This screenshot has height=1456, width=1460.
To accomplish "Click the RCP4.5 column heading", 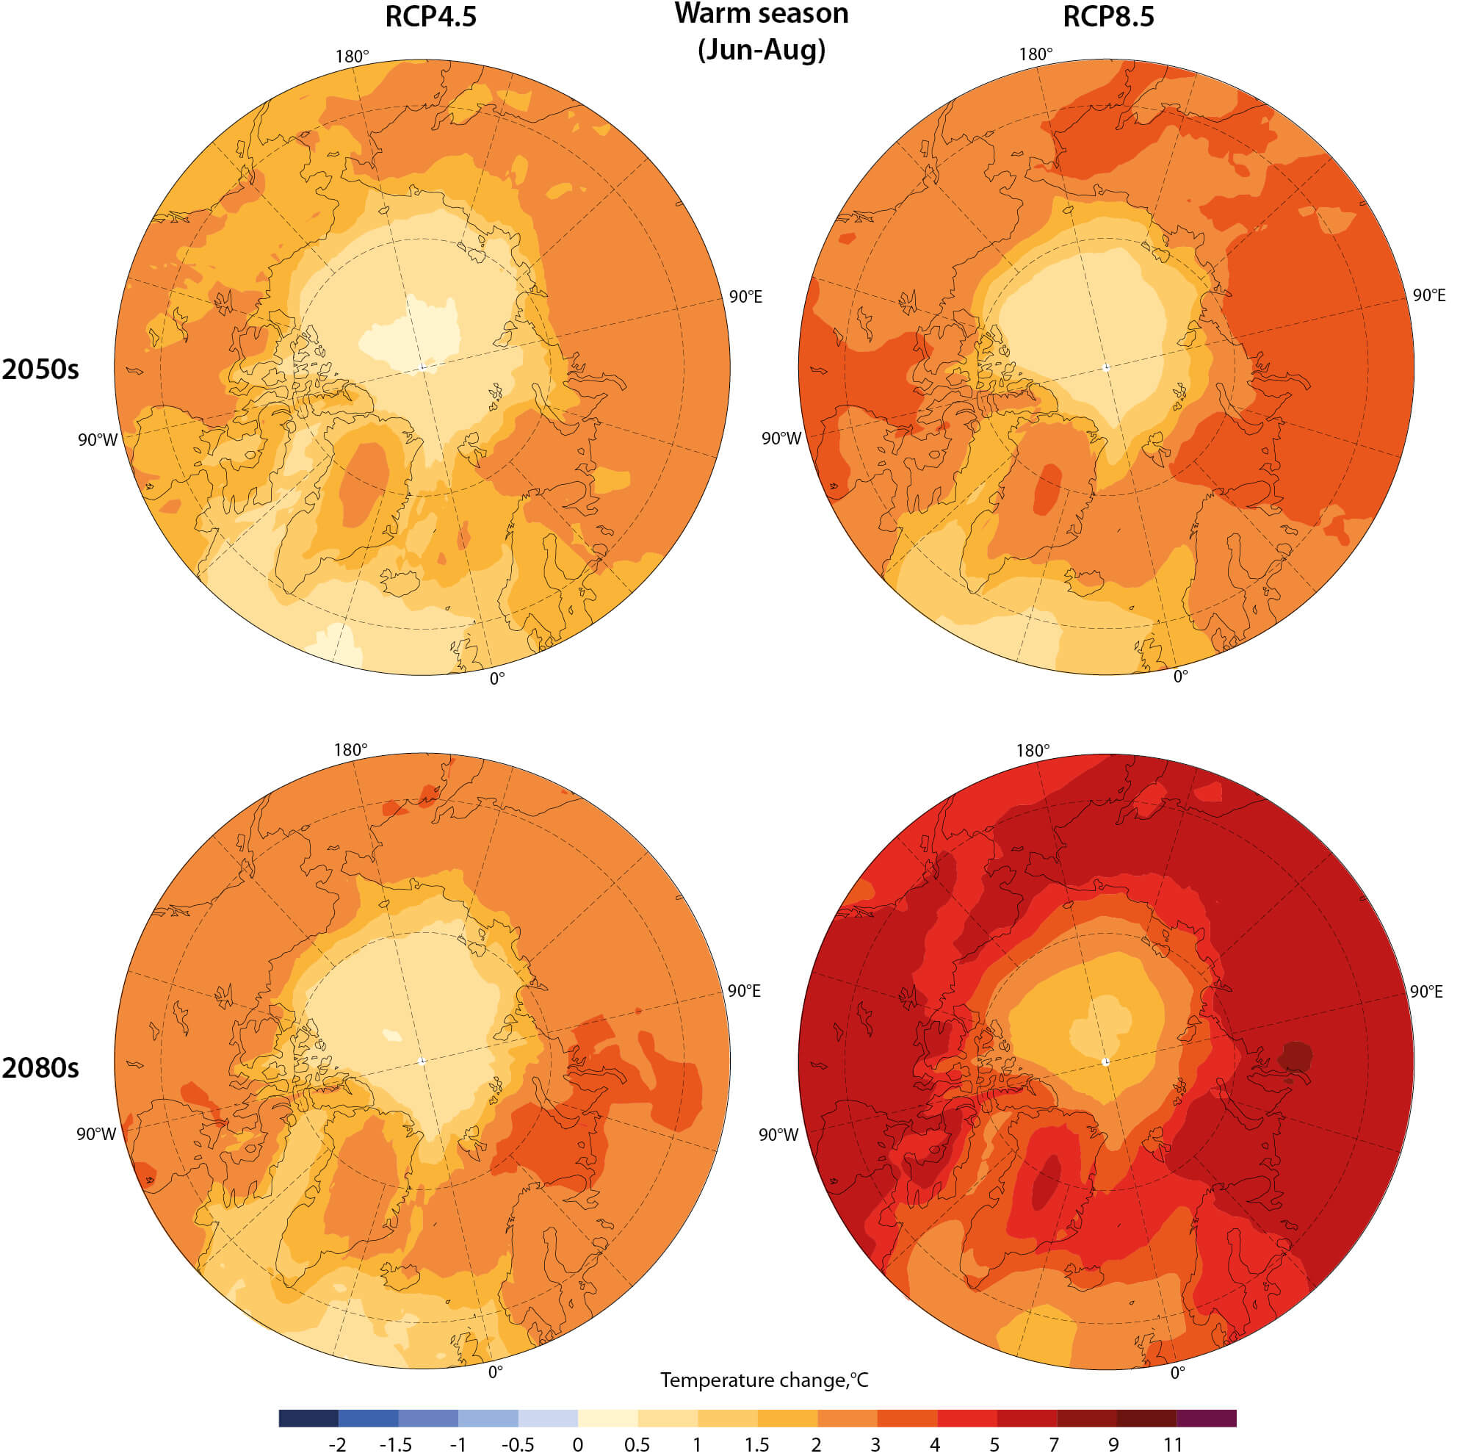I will pos(431,17).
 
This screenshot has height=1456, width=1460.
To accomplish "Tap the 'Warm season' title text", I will pos(761,14).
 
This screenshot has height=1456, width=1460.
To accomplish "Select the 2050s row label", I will pos(40,370).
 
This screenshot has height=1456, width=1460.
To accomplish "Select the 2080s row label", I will pos(40,1067).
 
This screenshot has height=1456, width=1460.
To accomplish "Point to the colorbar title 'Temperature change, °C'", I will pos(764,1380).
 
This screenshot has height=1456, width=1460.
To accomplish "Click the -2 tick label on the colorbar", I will pos(337,1445).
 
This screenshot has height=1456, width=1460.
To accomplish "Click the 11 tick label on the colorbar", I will pos(1172,1445).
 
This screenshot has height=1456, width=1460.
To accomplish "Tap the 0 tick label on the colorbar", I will pos(577,1445).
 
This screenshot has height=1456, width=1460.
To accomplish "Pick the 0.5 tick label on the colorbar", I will pos(637,1445).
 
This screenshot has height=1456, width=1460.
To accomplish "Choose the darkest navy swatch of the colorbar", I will pos(308,1418).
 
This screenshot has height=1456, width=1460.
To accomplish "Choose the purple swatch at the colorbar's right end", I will pos(1206,1418).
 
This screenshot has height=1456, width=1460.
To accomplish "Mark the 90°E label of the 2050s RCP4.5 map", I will pos(745,296).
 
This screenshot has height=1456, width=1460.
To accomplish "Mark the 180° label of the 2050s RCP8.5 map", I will pos(1036,54).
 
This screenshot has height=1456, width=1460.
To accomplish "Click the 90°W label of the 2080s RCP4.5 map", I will pos(97,1134).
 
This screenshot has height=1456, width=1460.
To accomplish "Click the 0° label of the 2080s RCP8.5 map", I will pos(1177,1372).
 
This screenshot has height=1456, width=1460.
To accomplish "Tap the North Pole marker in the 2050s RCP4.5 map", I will pos(422,367).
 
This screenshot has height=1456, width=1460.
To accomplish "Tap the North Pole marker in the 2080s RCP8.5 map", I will pos(1105,1062).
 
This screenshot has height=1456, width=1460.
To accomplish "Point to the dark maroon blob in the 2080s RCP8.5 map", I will pos(1295,1056).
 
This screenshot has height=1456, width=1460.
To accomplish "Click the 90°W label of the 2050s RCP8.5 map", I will pos(781,439).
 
